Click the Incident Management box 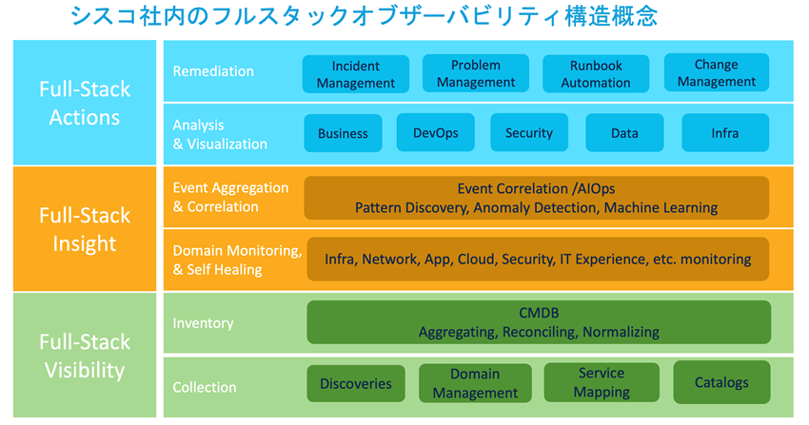(356, 74)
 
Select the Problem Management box (476, 73)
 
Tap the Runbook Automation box (596, 74)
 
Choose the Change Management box (716, 73)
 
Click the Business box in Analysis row (343, 133)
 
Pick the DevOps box (436, 133)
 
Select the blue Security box (529, 133)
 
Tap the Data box (624, 133)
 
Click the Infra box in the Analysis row (725, 133)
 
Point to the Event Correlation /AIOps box (536, 198)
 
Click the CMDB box (539, 322)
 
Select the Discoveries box (356, 383)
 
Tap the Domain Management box (475, 383)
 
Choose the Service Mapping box (602, 382)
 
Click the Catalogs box (720, 382)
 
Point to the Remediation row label (213, 71)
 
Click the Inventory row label (203, 323)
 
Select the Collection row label (205, 387)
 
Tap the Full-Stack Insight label (85, 229)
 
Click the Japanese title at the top (364, 16)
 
